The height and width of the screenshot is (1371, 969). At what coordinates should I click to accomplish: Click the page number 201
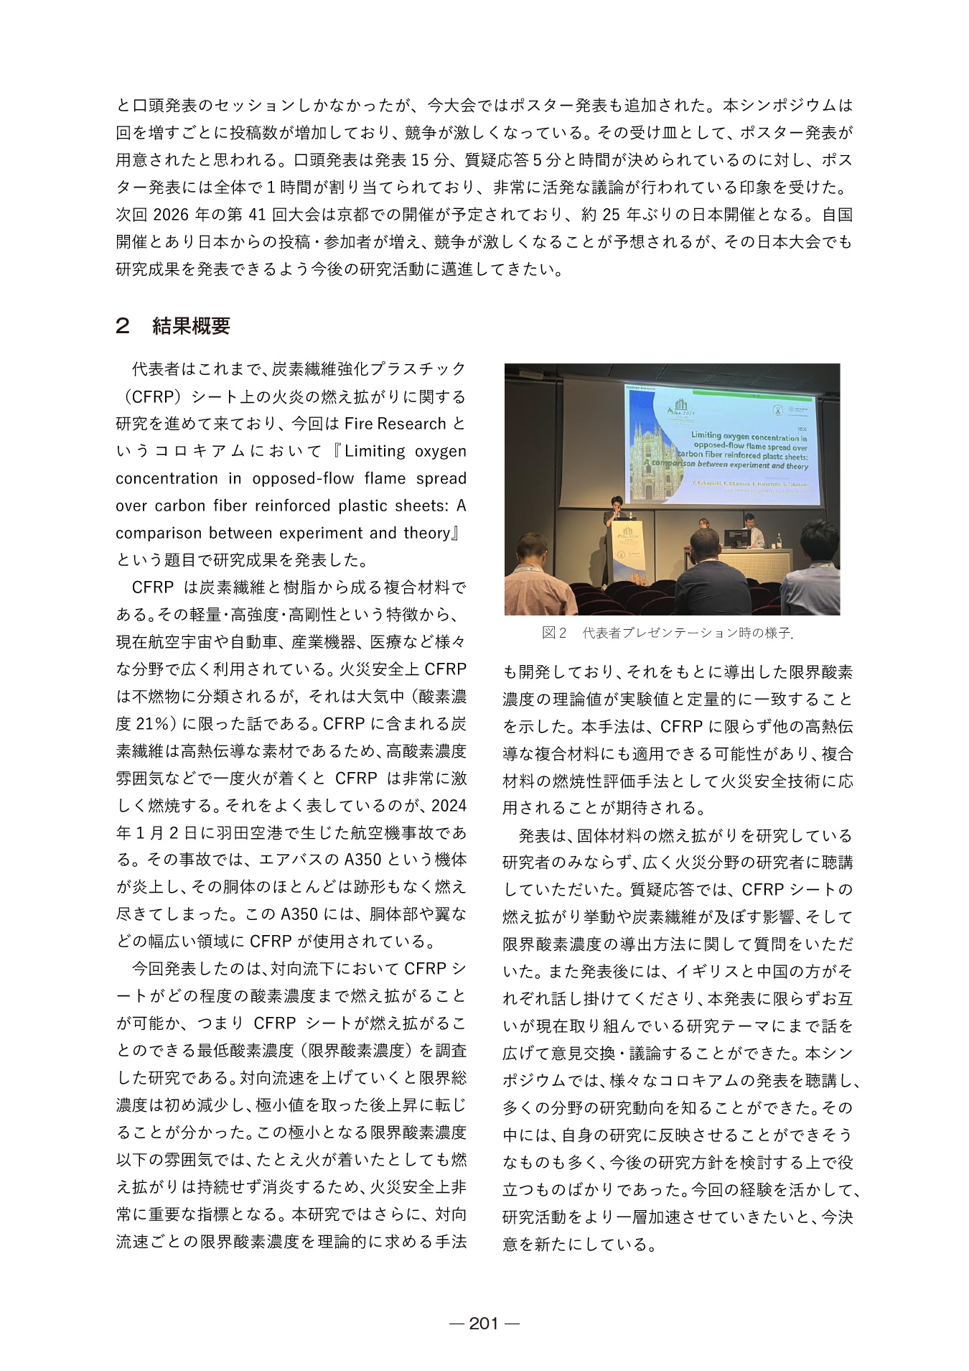click(x=484, y=1323)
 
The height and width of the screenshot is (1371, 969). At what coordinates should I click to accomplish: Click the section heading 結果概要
click(x=191, y=326)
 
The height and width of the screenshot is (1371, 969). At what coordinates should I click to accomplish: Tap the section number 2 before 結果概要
click(x=123, y=326)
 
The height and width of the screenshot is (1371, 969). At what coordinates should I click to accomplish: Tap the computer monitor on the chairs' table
click(x=736, y=538)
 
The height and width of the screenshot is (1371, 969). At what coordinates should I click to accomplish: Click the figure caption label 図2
click(x=554, y=633)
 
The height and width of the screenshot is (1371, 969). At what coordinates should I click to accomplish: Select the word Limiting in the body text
click(x=375, y=451)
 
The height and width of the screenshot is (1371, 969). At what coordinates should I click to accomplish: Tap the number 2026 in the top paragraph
click(x=171, y=215)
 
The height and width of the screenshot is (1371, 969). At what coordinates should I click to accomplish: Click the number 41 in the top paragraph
click(x=257, y=215)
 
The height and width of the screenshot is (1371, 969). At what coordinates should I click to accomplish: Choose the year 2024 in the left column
click(x=449, y=805)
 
